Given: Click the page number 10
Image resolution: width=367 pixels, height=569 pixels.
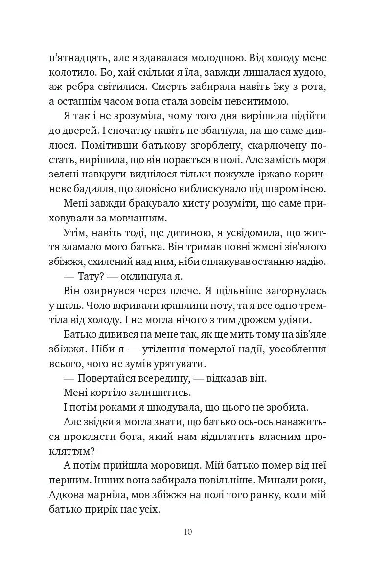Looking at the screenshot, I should (188, 532).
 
